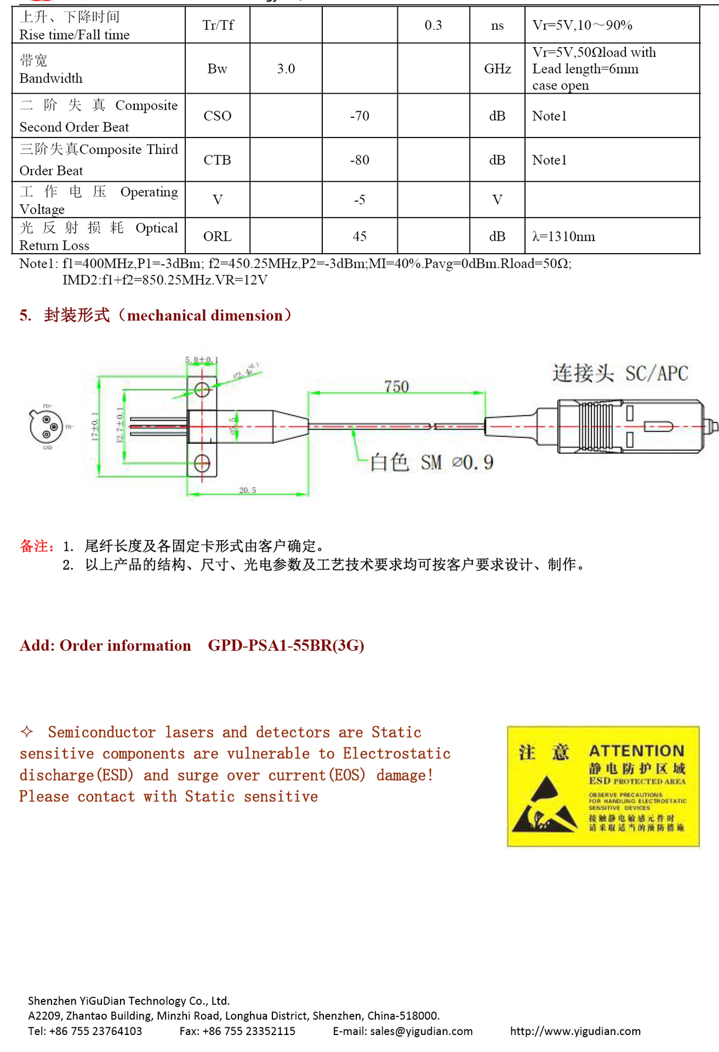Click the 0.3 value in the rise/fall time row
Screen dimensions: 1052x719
pos(433,25)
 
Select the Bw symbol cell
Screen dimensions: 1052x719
pos(217,69)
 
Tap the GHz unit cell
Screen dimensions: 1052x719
pos(497,69)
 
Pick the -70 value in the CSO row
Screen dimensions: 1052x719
pos(359,116)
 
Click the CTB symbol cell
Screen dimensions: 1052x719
pos(217,160)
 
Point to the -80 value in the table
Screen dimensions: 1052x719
pos(359,160)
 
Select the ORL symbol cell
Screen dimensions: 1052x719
pos(217,237)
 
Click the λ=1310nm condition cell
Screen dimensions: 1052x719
pos(563,237)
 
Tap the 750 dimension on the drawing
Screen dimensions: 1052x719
pos(396,387)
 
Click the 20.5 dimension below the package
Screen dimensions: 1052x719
pos(247,490)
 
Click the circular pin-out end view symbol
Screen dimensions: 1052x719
pos(46,426)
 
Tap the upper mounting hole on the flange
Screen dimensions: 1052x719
pos(202,390)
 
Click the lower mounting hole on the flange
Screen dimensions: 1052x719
pos(202,464)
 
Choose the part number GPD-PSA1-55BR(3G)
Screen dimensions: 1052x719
pos(286,645)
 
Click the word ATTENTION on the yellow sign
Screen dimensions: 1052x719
pos(636,751)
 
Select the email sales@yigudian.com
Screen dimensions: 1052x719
pos(421,1031)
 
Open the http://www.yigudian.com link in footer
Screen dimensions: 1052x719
pos(575,1031)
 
